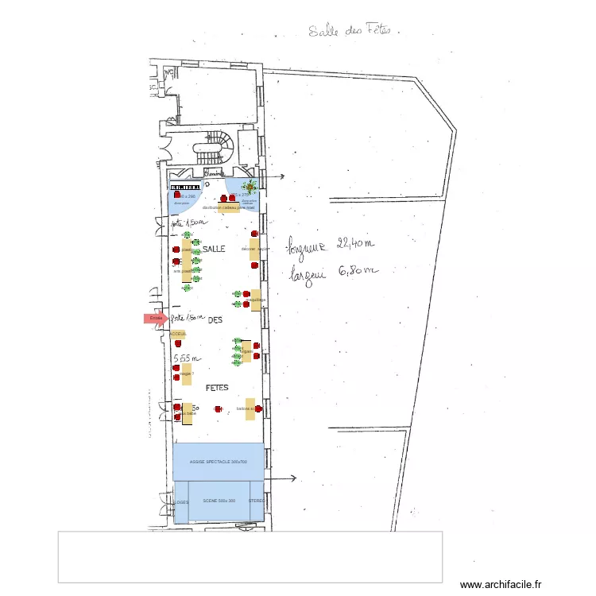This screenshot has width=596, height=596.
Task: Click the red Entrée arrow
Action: (155, 319)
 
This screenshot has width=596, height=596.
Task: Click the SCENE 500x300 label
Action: (219, 501)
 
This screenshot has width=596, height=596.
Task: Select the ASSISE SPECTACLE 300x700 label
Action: (218, 462)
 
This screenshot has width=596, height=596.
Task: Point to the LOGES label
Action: (181, 502)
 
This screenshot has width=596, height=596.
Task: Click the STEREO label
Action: (256, 501)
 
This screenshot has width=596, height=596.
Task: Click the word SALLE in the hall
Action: (214, 250)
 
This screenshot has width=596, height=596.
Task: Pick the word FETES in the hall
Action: (217, 389)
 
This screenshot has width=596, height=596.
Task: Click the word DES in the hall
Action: (215, 320)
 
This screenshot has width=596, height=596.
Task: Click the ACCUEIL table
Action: (178, 335)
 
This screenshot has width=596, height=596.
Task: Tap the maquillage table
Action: (256, 300)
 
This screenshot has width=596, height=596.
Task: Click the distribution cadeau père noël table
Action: (227, 207)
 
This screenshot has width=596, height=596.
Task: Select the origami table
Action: (246, 350)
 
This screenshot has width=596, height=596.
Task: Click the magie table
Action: (187, 373)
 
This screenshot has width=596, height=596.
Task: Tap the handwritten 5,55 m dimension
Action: (187, 358)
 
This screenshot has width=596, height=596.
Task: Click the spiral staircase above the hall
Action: (215, 147)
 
